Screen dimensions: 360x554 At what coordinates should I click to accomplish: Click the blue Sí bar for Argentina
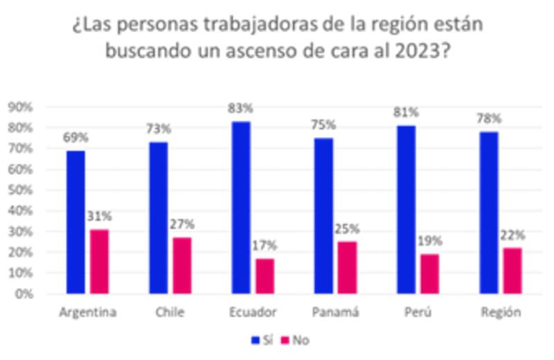tap(75, 222)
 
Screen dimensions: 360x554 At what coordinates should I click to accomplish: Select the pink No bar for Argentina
tap(100, 260)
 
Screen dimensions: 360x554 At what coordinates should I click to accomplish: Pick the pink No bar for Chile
tap(182, 264)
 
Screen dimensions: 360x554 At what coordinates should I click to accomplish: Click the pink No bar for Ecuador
tap(265, 274)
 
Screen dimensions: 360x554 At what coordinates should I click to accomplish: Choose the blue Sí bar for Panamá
tap(323, 215)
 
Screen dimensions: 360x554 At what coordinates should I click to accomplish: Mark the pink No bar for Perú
tap(429, 273)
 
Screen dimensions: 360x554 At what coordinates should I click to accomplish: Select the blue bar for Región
tap(488, 211)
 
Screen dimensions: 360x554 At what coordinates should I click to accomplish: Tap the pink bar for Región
tap(512, 269)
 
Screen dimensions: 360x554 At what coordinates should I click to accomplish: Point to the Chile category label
tap(170, 312)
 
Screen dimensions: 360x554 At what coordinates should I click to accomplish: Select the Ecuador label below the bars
tap(253, 312)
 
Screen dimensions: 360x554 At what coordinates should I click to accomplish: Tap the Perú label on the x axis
tap(418, 312)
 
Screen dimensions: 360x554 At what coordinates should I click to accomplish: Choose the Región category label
tap(500, 312)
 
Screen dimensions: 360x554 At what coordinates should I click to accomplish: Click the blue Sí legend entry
tap(260, 340)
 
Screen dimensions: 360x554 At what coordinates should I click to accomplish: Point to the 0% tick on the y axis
tap(25, 294)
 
